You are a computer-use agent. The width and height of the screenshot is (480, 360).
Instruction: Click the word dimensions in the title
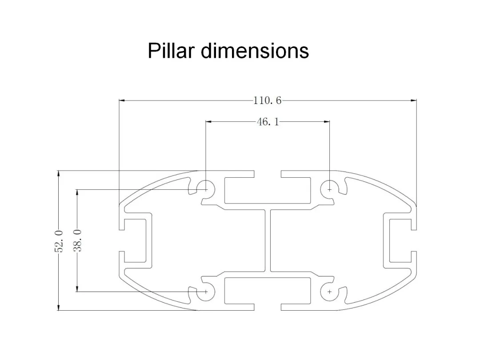pos(255,50)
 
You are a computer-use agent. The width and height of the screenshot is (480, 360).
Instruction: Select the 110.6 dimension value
pos(267,100)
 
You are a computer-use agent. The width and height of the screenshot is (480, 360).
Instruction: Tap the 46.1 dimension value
pos(268,122)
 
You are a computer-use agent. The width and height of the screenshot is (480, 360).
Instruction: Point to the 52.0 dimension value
pos(59,241)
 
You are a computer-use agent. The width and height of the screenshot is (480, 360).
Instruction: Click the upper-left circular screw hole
pos(206,189)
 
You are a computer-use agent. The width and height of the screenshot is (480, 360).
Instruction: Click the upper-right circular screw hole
pos(329,189)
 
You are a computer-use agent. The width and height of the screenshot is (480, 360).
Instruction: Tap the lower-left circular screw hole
pos(206,292)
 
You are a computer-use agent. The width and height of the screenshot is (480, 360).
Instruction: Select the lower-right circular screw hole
pos(329,292)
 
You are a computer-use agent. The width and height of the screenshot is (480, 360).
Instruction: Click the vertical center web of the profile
pos(268,240)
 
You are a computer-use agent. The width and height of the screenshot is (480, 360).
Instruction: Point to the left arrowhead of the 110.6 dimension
pos(122,100)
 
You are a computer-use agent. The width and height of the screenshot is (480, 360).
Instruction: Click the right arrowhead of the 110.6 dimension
pos(414,100)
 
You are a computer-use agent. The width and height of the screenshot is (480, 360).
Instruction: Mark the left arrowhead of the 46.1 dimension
pos(208,121)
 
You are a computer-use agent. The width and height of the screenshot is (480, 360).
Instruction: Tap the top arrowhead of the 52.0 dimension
pos(59,174)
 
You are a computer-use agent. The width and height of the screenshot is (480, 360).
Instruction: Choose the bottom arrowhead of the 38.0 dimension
pos(77,288)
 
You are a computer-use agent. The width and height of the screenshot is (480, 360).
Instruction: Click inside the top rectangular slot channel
pos(268,190)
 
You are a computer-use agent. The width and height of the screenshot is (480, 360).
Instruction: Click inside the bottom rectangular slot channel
pos(268,291)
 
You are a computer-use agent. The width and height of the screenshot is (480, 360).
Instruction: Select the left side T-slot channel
pos(135,240)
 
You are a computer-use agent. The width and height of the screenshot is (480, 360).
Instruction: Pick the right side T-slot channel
pos(400,240)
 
